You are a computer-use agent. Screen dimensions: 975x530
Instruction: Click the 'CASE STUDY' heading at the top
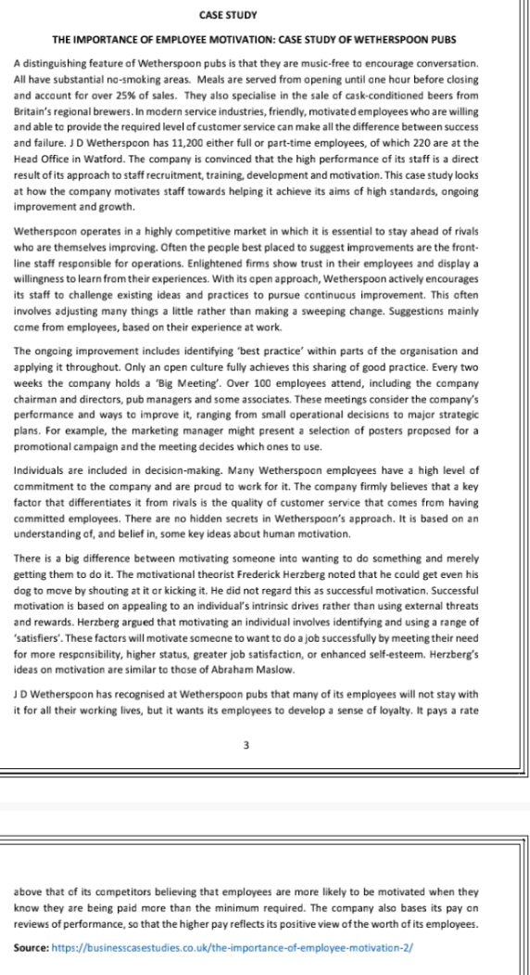[228, 16]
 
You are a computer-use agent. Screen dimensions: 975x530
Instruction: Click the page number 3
[246, 744]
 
